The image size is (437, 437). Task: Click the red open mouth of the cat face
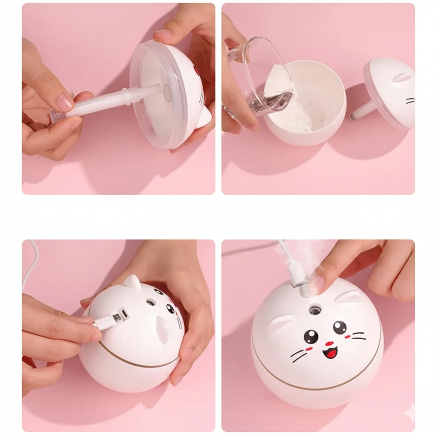329,352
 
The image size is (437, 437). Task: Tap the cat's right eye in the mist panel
340,327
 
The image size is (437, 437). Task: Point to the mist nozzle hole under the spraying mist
315,309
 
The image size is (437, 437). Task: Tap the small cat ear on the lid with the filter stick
204,117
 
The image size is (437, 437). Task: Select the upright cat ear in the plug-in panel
132,283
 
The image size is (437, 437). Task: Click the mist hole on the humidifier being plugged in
151,302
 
